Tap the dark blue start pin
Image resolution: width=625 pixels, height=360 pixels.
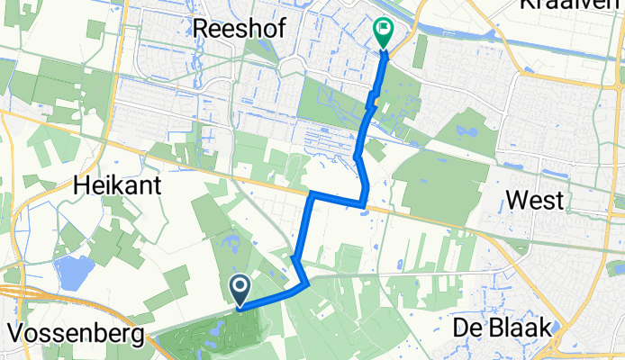tap(241, 291)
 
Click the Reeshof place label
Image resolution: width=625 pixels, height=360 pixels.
tap(240, 29)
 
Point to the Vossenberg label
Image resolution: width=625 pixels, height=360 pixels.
tap(75, 335)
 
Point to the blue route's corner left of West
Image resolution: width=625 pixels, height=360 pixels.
tap(365, 203)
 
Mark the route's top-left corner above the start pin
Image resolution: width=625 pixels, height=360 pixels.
tap(311, 193)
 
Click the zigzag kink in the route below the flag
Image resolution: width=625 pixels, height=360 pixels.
tap(370, 103)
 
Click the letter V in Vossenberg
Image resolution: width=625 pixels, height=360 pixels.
tap(14, 335)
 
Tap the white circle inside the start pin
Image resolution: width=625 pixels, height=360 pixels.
tap(241, 287)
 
